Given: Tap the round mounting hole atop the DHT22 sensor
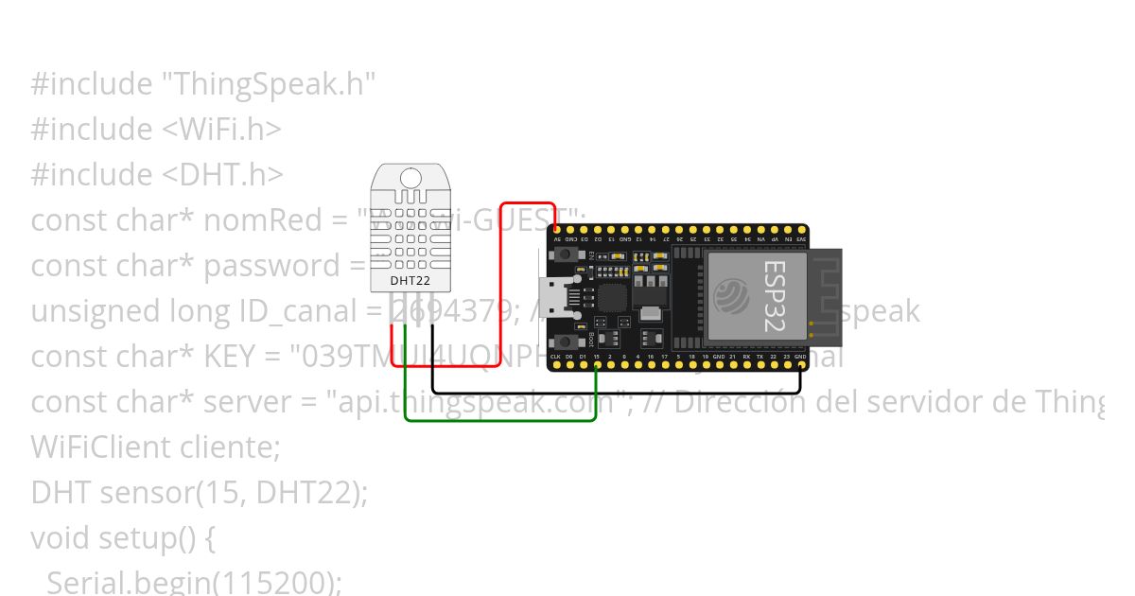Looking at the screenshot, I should tap(411, 177).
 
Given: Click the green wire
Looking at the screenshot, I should tap(501, 419).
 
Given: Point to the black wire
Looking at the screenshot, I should tap(615, 392).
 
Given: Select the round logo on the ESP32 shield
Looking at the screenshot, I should tap(733, 295).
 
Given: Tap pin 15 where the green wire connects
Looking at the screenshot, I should tap(596, 366).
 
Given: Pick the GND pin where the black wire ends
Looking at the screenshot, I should tap(801, 366).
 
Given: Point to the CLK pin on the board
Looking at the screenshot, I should tap(555, 366).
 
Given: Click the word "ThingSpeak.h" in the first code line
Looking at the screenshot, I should tap(270, 84).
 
